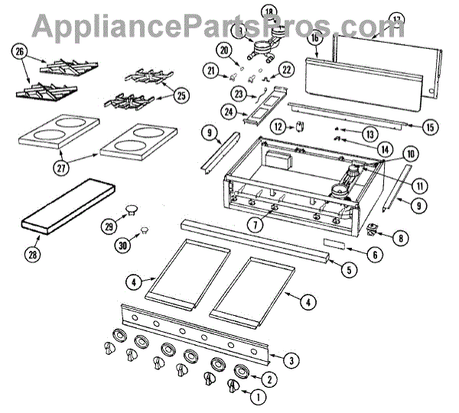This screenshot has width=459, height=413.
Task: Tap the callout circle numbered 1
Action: pos(257,396)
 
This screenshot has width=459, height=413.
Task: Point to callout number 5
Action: pos(349,269)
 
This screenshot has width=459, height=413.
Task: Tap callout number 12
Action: pos(279,126)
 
